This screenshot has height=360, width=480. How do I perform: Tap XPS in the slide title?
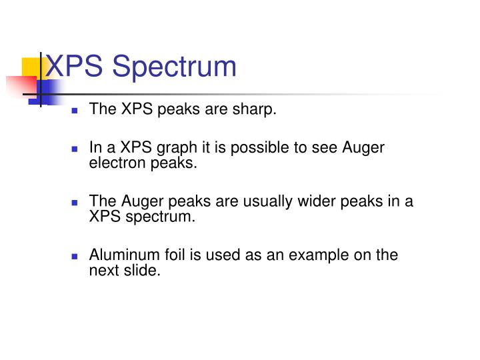pos(74,66)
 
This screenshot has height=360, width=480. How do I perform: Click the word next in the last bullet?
pos(104,270)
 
